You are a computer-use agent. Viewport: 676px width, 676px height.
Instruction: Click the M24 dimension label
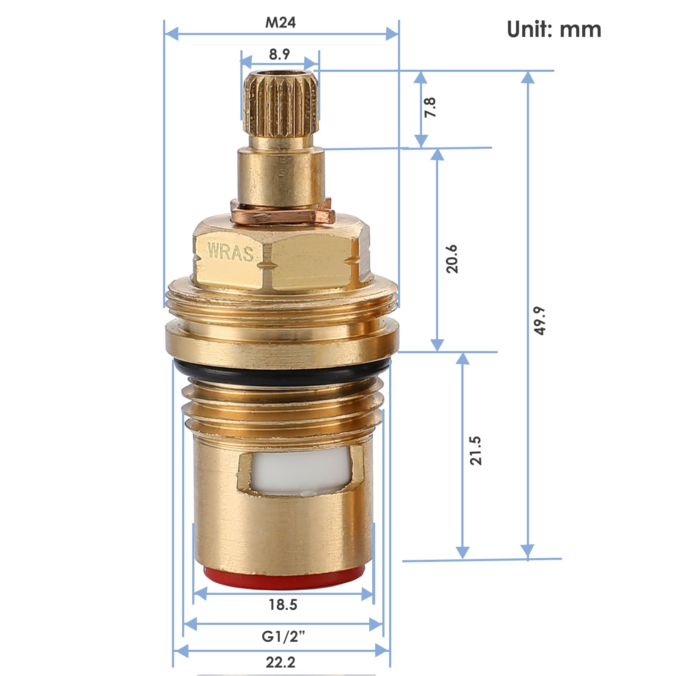coord(280,22)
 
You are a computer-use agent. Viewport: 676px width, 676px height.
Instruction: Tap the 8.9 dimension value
coord(279,55)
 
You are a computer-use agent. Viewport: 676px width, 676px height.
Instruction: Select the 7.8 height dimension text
coord(430,107)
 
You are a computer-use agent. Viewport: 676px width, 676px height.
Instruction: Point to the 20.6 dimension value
coord(452,259)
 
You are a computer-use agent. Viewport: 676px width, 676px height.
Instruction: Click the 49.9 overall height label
coord(540,321)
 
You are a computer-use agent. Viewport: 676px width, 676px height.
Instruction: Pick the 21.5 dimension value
coord(476,451)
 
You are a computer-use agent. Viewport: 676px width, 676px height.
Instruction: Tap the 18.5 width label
coord(283,605)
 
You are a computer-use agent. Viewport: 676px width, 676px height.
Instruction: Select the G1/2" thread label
coord(283,636)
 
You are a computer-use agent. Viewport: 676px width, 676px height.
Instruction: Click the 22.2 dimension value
coord(281,662)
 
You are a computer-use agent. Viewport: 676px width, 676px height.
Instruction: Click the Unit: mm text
coord(553,30)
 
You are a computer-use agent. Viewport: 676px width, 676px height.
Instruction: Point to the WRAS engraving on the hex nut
coord(230,252)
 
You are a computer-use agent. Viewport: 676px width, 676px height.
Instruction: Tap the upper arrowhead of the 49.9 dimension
coord(527,77)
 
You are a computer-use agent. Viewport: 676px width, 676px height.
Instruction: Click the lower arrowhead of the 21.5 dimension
coord(463,552)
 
